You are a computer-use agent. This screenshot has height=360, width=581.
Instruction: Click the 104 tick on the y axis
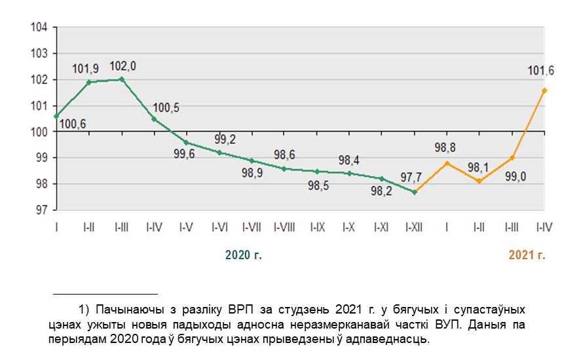[x=40, y=27]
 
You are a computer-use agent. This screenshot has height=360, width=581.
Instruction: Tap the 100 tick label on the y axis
[x=40, y=132]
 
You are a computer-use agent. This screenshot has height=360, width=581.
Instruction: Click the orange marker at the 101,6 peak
[x=544, y=90]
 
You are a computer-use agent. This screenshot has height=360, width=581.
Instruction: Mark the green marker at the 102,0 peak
[x=122, y=79]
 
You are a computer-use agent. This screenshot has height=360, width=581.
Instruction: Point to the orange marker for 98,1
[x=479, y=181]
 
